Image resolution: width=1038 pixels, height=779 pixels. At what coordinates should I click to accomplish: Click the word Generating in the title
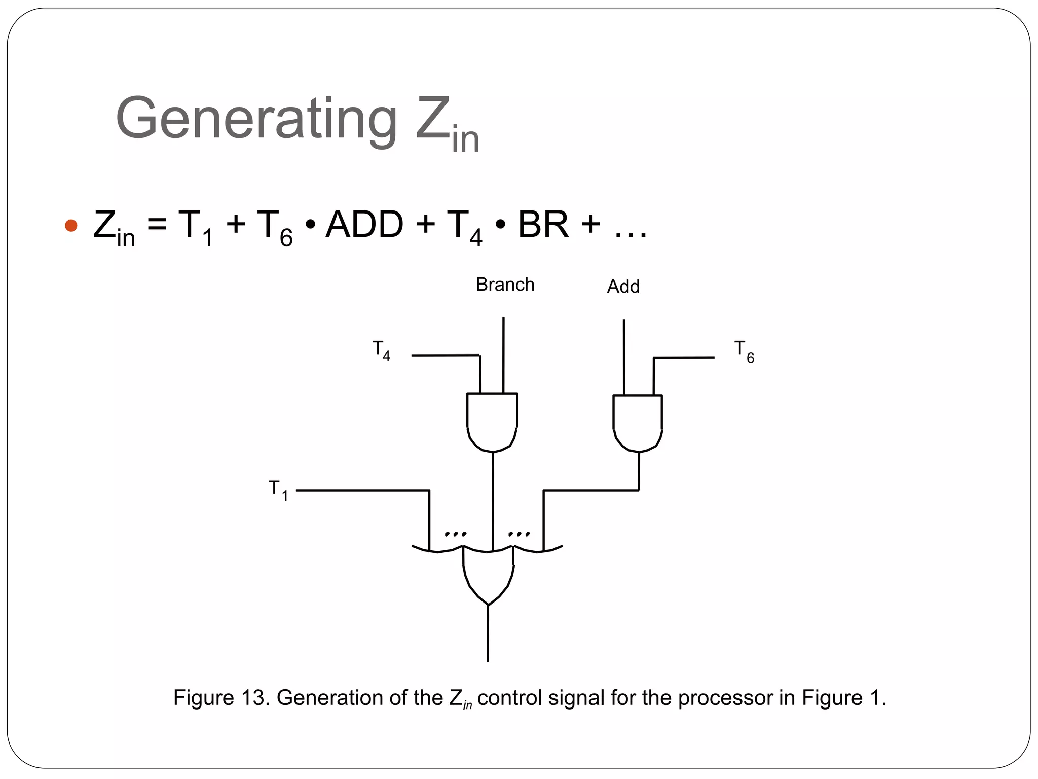pos(256,119)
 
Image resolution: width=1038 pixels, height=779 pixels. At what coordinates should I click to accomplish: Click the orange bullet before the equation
pos(71,226)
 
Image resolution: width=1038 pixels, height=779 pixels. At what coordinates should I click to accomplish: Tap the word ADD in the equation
pos(364,225)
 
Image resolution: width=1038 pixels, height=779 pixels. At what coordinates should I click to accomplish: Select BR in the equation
pos(543,225)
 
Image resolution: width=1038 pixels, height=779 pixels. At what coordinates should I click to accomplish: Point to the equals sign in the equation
pos(157,225)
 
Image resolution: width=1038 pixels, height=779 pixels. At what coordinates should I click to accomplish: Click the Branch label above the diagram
pos(505,285)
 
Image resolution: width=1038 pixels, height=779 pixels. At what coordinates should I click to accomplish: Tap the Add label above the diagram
pos(623,287)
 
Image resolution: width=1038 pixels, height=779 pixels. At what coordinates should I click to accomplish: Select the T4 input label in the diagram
pos(381,350)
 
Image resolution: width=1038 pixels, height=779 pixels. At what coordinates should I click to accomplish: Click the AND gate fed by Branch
pos(492,421)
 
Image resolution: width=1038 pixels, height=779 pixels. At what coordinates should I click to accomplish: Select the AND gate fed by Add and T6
pos(638,422)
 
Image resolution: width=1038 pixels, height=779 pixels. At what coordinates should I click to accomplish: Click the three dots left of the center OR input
pos(455,534)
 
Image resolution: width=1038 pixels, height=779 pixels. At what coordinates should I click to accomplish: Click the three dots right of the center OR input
pos(519,534)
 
